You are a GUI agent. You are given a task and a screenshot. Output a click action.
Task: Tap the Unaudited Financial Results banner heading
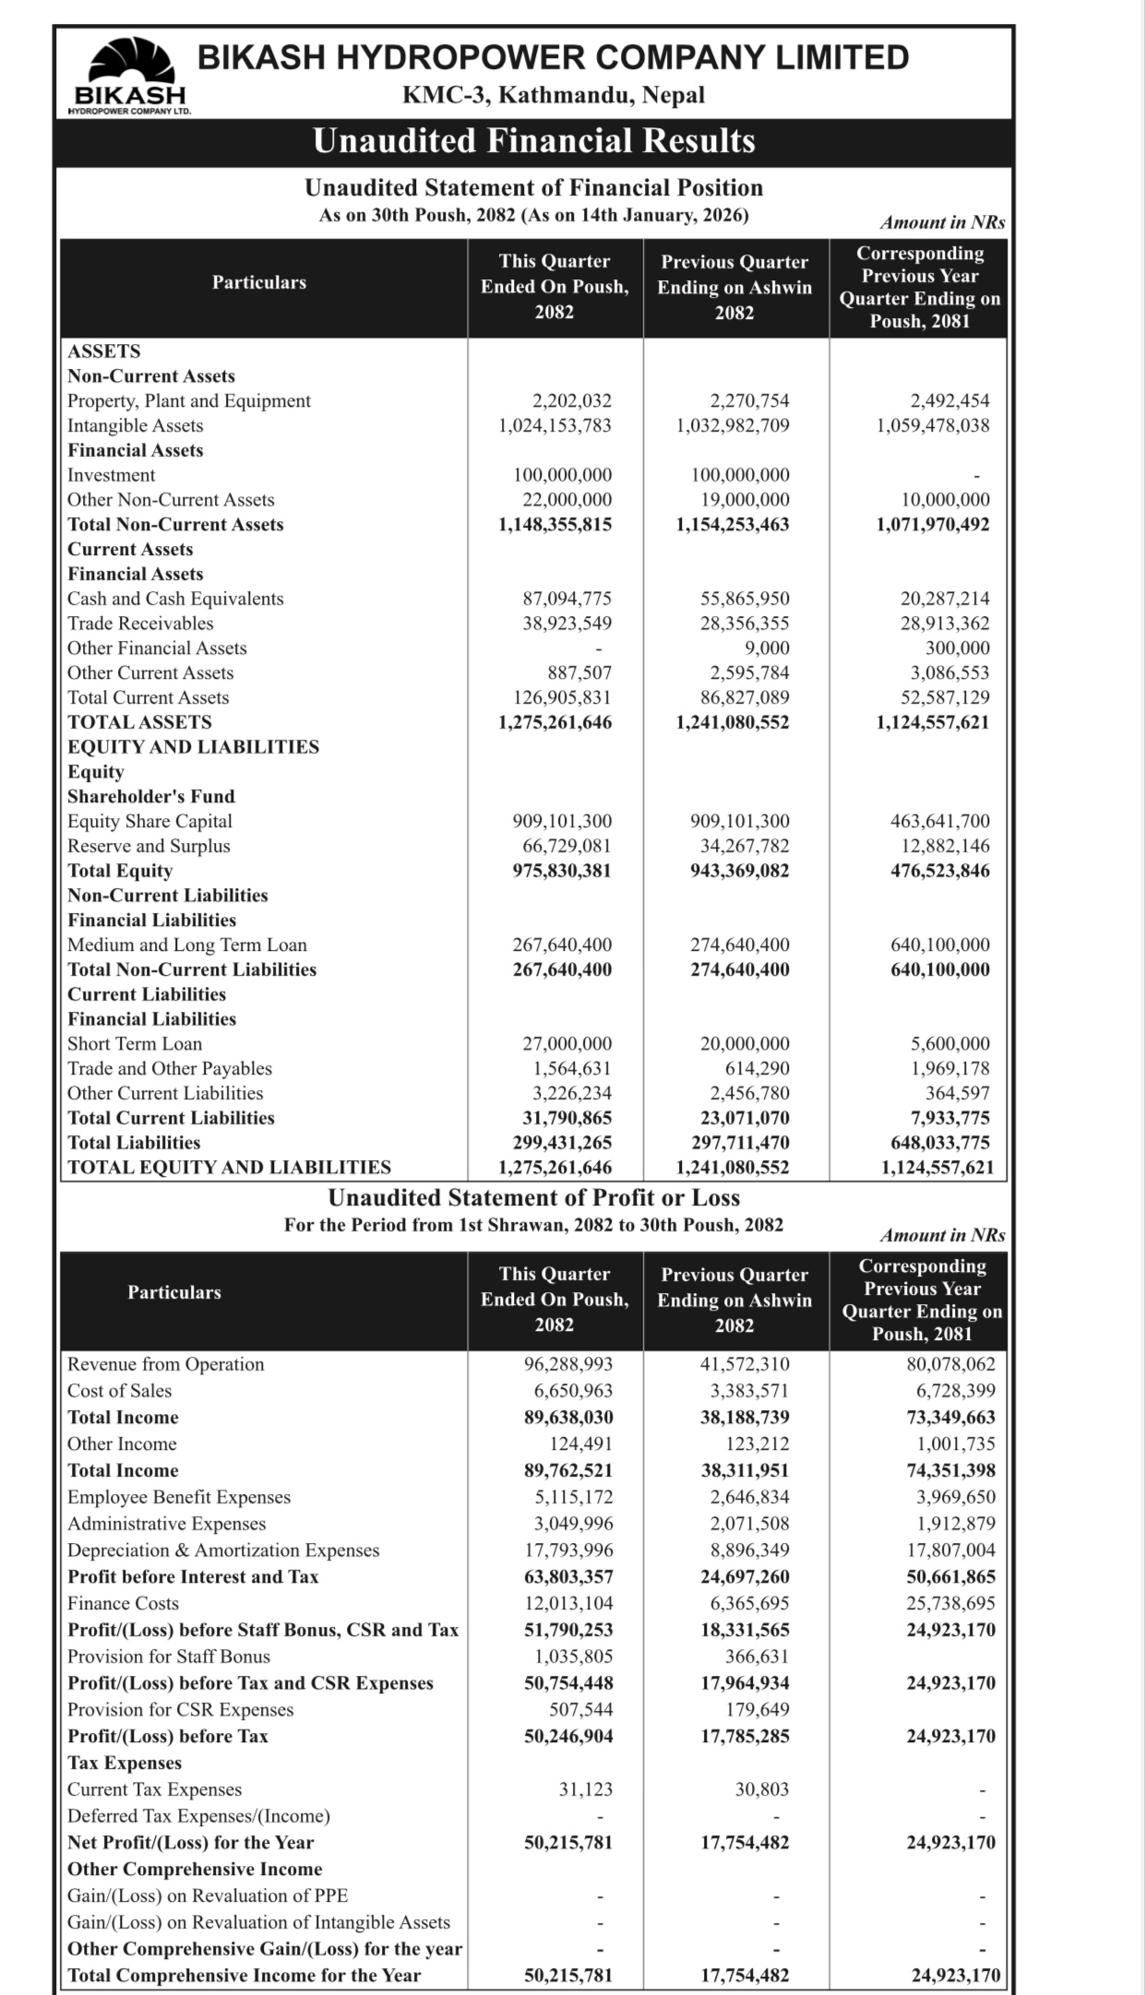click(533, 141)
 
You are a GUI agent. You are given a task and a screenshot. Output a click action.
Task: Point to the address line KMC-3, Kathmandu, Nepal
click(553, 95)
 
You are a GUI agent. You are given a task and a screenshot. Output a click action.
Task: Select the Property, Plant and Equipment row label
click(189, 401)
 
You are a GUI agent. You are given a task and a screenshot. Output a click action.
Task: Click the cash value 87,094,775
click(567, 599)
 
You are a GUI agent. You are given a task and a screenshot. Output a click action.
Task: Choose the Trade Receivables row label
click(140, 623)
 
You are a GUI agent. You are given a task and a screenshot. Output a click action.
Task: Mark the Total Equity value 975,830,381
click(562, 871)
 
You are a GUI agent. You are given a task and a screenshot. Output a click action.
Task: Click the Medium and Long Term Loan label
click(187, 945)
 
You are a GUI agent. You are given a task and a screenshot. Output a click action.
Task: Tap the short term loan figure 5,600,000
click(949, 1044)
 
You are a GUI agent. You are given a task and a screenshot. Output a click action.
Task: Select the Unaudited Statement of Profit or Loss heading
click(533, 1198)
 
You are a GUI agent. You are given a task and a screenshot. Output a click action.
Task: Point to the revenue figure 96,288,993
click(568, 1364)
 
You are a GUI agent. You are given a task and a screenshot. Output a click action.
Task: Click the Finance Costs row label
click(123, 1604)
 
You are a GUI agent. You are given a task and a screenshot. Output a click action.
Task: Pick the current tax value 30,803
click(761, 1789)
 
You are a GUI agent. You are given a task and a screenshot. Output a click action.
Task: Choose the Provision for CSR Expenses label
click(181, 1710)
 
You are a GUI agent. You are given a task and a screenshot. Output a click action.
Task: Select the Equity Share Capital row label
click(149, 822)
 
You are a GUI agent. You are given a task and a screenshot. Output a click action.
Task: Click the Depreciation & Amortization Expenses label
click(223, 1550)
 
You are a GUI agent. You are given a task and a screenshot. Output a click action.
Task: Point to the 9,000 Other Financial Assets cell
click(767, 648)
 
